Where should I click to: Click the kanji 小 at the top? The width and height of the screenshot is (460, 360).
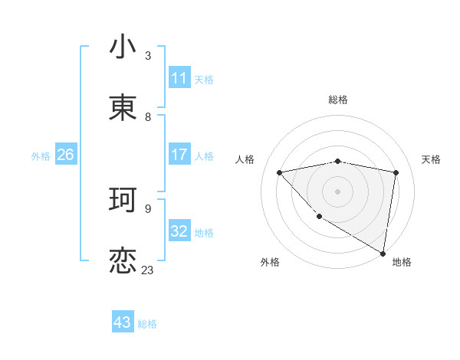coord(123,47)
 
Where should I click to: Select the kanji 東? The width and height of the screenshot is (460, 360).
coord(123,108)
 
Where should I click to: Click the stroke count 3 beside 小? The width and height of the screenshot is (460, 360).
coord(148,55)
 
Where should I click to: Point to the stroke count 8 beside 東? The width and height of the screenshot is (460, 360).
coord(148,116)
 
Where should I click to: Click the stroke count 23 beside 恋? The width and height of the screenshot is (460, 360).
coord(147,270)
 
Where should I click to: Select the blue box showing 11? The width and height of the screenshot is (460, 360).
coord(179,78)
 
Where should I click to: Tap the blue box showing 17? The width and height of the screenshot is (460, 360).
coord(179,155)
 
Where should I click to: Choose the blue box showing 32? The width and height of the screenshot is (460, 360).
coord(179,231)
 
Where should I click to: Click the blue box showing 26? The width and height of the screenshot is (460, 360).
coord(65,155)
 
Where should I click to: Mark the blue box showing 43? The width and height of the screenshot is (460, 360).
coord(123,322)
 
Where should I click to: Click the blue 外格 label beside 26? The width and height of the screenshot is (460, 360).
coord(41,155)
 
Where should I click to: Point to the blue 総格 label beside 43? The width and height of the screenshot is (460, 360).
coord(147,323)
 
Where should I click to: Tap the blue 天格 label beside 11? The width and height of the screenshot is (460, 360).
coord(204,79)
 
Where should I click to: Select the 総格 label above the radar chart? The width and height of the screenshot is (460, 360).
coord(338,100)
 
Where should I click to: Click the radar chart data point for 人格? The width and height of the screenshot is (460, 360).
coord(279,172)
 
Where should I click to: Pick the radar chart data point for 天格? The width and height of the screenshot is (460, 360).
coord(396,172)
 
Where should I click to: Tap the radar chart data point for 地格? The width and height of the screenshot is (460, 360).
coord(383,253)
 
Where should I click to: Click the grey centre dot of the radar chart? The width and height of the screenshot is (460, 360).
coord(337,191)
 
